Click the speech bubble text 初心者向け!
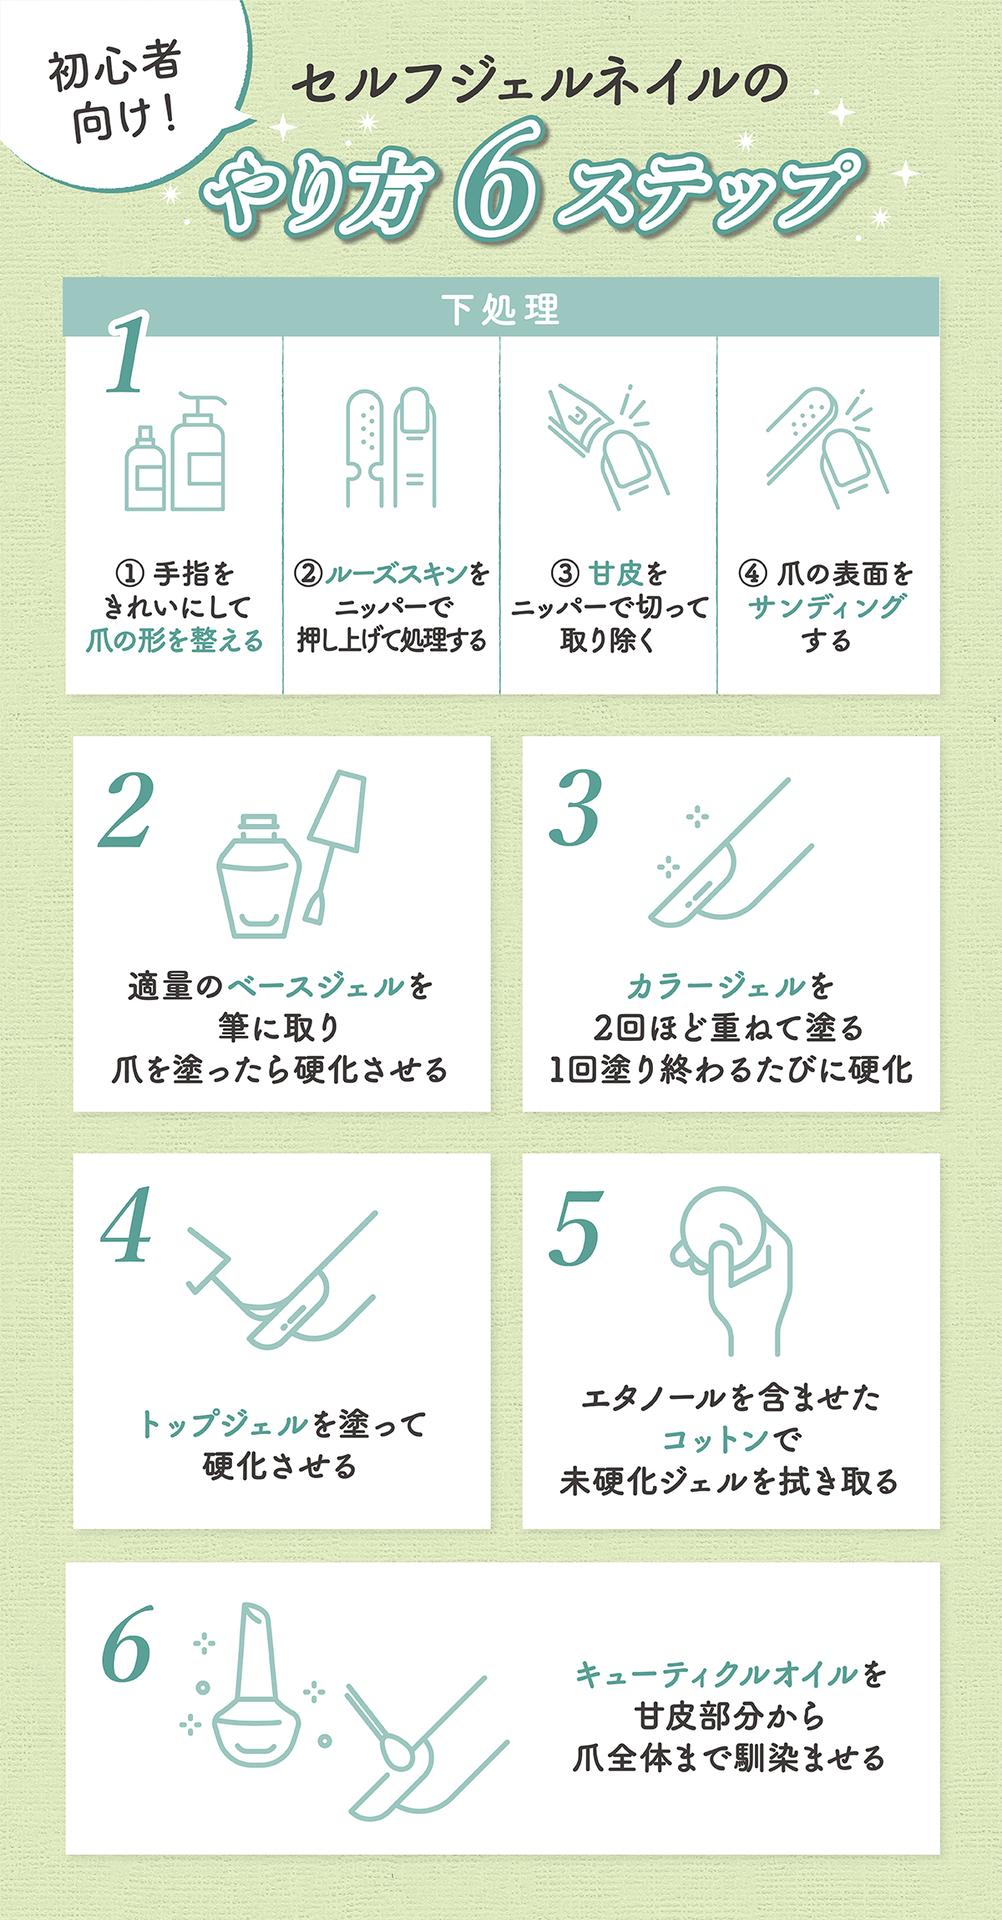[117, 92]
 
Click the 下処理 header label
[501, 309]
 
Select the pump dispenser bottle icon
[199, 455]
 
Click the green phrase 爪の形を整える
[175, 640]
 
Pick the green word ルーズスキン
[397, 573]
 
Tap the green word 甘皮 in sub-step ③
[615, 573]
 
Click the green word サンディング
[826, 607]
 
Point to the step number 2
[127, 810]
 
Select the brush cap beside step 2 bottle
[334, 843]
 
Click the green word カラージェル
[716, 986]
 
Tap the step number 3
[576, 808]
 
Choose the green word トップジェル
[224, 1423]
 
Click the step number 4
[127, 1225]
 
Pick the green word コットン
[716, 1439]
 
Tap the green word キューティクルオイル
[716, 1674]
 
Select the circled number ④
[752, 573]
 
